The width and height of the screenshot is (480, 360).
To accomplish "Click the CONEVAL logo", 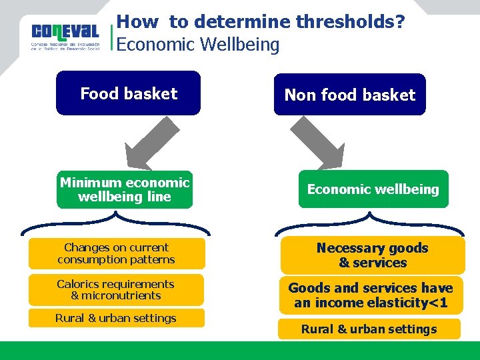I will click(65, 37).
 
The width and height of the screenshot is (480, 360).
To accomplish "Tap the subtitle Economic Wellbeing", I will click(197, 45).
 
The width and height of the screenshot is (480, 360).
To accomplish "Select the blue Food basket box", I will click(129, 93).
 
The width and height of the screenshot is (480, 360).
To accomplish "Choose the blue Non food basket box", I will click(349, 95).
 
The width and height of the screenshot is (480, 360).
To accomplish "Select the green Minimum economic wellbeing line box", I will click(125, 190).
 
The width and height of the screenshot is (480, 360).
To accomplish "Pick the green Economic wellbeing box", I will click(373, 189).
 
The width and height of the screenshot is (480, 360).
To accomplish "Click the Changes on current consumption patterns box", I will click(116, 254).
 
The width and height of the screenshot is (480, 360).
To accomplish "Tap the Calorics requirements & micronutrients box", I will click(116, 290).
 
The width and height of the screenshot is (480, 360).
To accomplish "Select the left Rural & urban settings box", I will click(116, 318).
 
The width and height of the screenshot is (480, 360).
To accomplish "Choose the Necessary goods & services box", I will click(372, 255).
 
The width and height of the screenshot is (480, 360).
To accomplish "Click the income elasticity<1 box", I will click(371, 295).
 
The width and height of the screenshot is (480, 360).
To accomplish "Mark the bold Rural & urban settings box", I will click(369, 329).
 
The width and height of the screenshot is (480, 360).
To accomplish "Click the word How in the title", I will click(137, 22).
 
